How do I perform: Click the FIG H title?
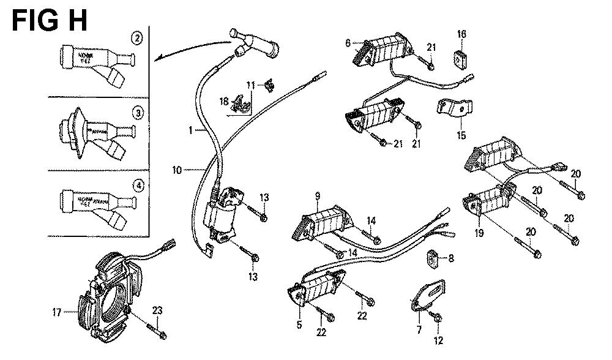(x=50, y=20)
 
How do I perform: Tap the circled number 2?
(x=138, y=40)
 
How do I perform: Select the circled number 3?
(x=138, y=113)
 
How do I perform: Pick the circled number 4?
(x=138, y=186)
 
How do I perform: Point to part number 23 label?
(x=157, y=311)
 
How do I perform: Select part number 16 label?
(x=461, y=35)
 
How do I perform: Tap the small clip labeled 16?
(x=461, y=59)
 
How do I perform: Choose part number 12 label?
(x=438, y=341)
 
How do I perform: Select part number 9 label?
(x=318, y=197)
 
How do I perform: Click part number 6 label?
(x=348, y=43)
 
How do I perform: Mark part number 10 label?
(x=177, y=170)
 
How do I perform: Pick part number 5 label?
(x=299, y=325)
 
